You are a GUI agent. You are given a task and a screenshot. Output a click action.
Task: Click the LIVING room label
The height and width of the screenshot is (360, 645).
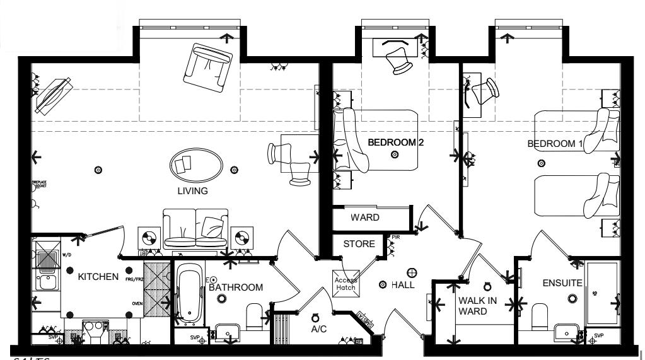click(x=192, y=191)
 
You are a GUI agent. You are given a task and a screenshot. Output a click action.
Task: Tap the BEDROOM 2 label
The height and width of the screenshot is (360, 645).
click(x=395, y=142)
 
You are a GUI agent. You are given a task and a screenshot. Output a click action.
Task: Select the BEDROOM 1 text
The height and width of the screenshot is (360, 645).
click(x=555, y=144)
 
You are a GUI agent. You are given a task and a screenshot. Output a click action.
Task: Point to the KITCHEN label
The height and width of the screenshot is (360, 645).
click(x=98, y=276)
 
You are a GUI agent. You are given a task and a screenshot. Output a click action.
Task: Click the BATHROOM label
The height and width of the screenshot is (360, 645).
click(x=236, y=287)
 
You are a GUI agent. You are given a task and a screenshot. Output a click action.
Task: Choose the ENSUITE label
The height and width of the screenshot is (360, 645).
click(x=562, y=283)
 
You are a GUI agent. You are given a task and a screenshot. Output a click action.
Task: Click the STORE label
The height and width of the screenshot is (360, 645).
click(x=359, y=243)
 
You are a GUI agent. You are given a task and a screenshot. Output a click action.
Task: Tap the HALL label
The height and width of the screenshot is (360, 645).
click(x=402, y=285)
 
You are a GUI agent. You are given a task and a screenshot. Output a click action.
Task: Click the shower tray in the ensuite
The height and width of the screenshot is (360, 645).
click(x=601, y=293)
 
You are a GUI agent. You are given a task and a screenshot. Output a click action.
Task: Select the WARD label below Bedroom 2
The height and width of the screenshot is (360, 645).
click(x=365, y=218)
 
